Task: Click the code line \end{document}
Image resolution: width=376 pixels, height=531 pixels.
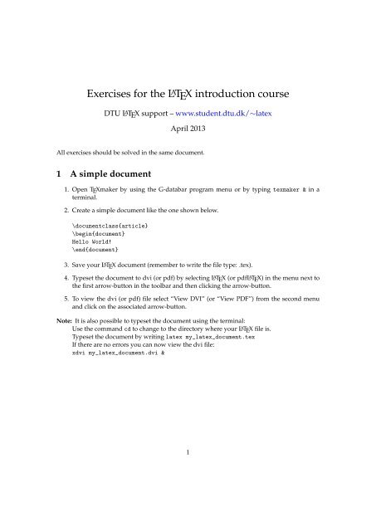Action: (96, 251)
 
